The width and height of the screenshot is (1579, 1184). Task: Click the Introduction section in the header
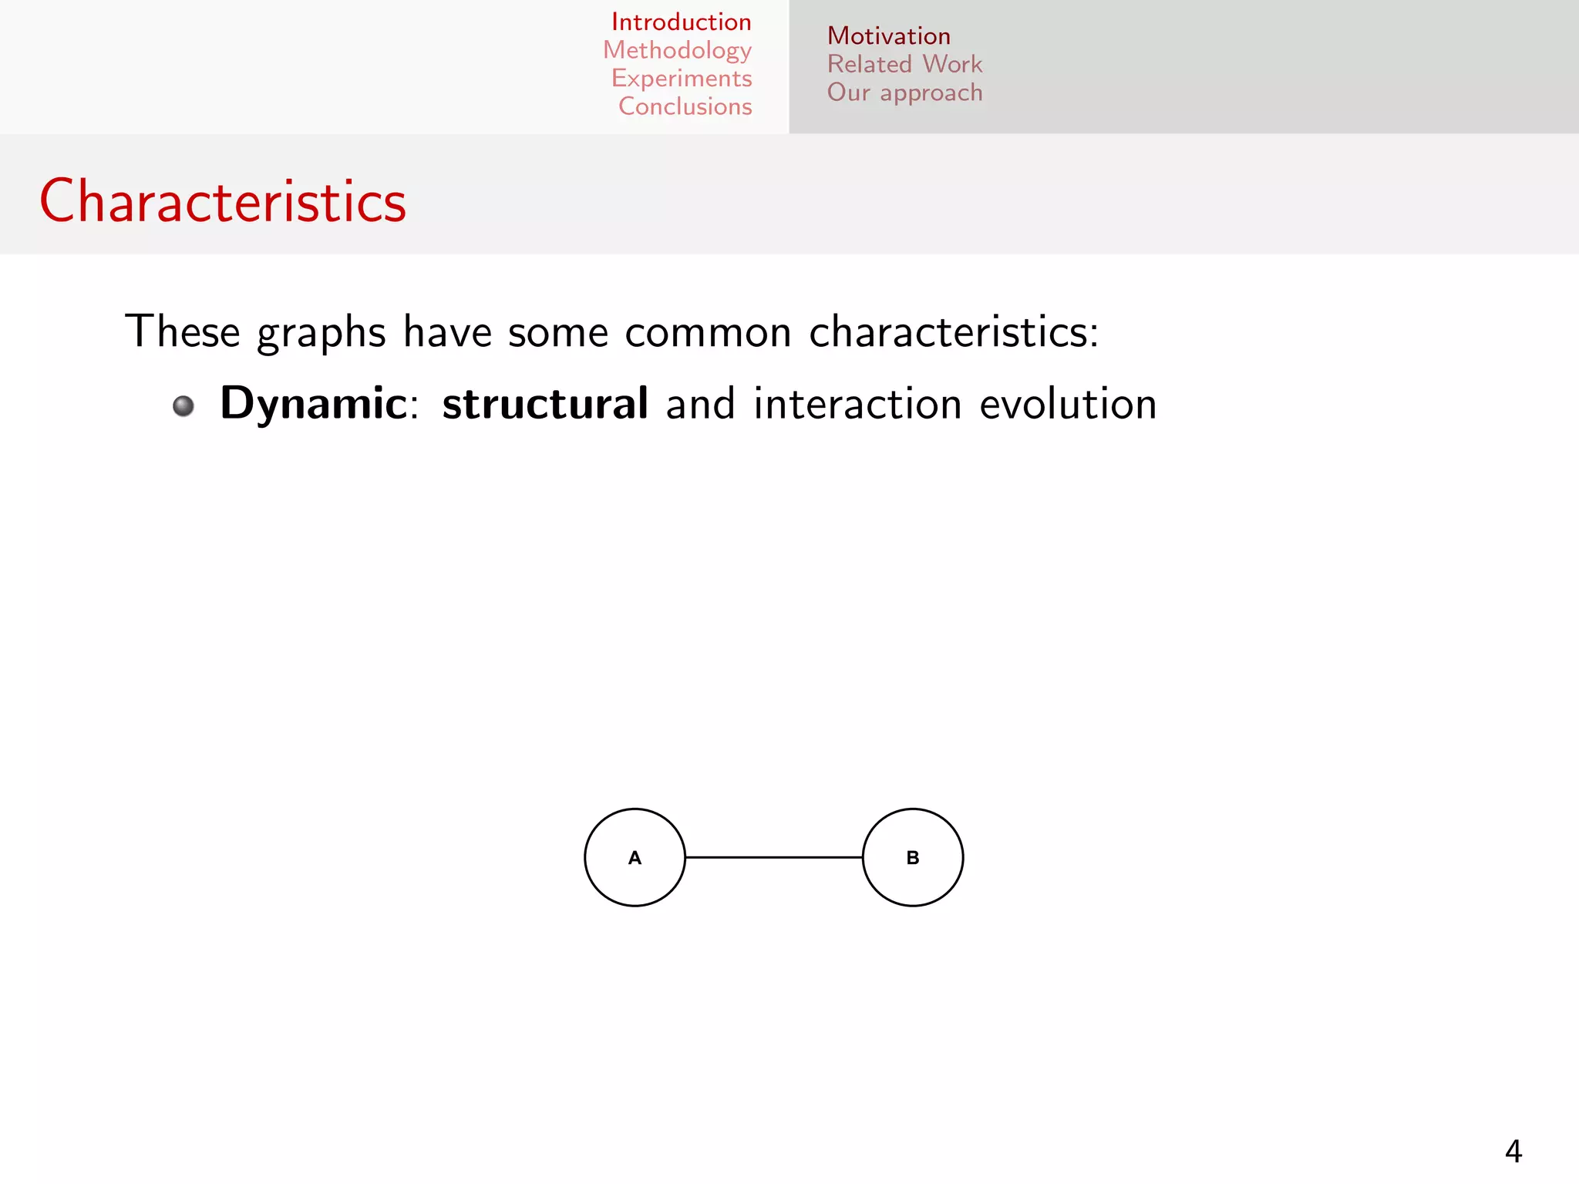click(681, 22)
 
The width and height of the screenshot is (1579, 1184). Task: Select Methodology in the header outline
click(677, 50)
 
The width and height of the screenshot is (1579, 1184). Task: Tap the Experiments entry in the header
click(682, 79)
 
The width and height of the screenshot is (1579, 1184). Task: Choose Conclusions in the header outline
click(685, 106)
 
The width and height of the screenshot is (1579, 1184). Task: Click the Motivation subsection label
click(888, 36)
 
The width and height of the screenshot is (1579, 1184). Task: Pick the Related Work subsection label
click(904, 64)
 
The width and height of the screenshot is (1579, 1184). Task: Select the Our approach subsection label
click(904, 92)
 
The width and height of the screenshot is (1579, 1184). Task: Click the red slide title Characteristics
click(223, 201)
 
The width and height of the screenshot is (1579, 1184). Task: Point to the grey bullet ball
click(183, 405)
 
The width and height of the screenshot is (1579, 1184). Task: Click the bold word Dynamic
click(313, 404)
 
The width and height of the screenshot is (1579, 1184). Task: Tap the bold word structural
click(544, 404)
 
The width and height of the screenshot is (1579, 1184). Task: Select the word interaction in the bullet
click(857, 404)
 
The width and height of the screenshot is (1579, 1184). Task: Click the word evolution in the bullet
click(1068, 404)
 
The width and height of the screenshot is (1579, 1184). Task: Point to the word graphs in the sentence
click(321, 333)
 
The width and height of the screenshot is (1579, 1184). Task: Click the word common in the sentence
click(708, 333)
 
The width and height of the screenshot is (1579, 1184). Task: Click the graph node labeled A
click(635, 857)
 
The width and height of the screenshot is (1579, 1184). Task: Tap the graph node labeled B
click(912, 857)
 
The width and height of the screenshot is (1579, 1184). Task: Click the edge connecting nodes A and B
click(773, 857)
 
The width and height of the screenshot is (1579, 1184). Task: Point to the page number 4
click(1513, 1152)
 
